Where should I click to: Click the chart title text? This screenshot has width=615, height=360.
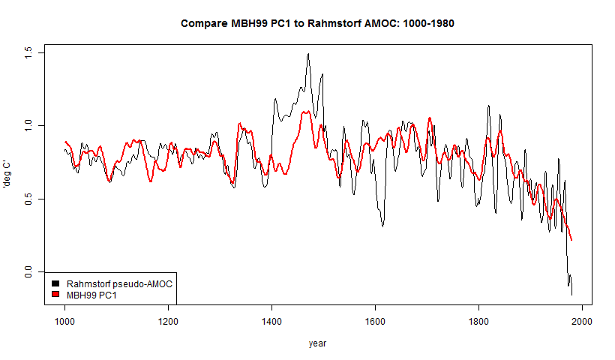[x=318, y=23]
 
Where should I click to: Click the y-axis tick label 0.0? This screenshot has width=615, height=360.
[x=28, y=272]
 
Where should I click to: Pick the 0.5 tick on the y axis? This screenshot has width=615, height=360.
[x=28, y=199]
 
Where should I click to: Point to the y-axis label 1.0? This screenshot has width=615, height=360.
[x=28, y=125]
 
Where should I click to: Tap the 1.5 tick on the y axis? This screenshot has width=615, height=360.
[x=28, y=52]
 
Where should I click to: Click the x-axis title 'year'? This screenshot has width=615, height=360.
[x=318, y=343]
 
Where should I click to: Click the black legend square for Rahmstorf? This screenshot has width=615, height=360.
[x=55, y=284]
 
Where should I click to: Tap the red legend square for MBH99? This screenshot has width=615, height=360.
[x=55, y=295]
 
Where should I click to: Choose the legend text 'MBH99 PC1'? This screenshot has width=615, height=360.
[x=92, y=295]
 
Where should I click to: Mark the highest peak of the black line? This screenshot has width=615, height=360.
[x=307, y=54]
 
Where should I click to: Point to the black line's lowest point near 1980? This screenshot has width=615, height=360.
[x=571, y=295]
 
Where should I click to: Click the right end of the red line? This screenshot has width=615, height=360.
[x=571, y=240]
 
